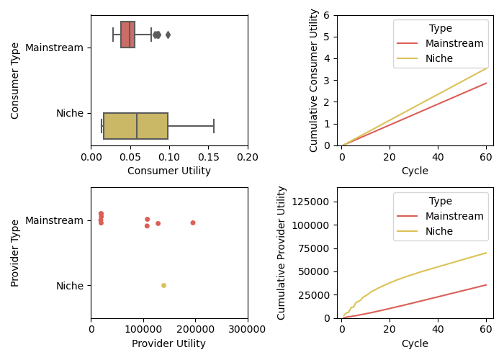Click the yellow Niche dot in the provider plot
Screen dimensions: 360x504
163,286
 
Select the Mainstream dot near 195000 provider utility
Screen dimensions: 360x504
193,222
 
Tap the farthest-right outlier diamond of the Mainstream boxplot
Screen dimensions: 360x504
168,35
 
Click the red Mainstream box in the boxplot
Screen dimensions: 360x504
127,35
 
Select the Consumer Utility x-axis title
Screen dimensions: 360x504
169,171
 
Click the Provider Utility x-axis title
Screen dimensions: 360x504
169,344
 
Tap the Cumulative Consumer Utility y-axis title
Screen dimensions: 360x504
314,80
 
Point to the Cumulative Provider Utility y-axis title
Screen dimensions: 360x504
282,253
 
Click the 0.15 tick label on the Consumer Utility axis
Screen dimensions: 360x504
208,156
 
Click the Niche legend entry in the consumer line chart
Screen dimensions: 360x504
439,58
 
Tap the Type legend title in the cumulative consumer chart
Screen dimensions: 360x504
440,29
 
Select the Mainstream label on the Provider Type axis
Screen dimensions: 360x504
54,220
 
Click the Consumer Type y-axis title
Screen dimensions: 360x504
16,80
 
